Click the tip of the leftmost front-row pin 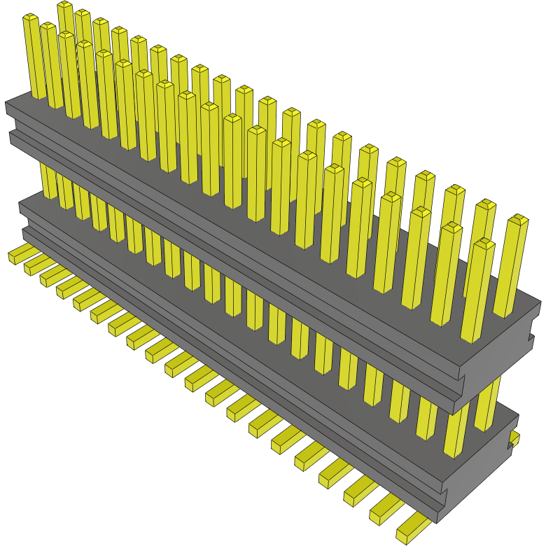[x=30, y=18]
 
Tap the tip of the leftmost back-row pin [x=64, y=6]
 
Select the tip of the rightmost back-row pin [x=519, y=220]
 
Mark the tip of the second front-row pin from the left [x=48, y=27]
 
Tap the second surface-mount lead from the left [x=33, y=265]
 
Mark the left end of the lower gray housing [x=24, y=217]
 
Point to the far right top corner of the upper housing [x=540, y=303]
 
